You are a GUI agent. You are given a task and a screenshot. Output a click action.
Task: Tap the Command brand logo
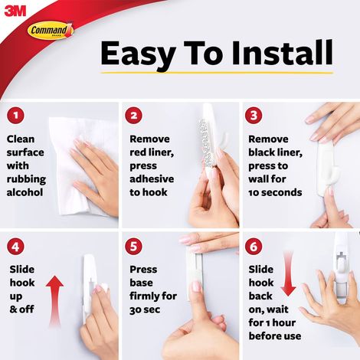[50, 31]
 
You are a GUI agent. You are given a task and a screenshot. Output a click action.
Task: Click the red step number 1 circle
[15, 116]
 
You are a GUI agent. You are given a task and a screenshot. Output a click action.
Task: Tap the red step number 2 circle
[136, 116]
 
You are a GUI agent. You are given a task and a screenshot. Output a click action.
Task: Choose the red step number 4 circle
[15, 247]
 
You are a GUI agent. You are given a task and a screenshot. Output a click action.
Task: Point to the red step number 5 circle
[136, 247]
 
